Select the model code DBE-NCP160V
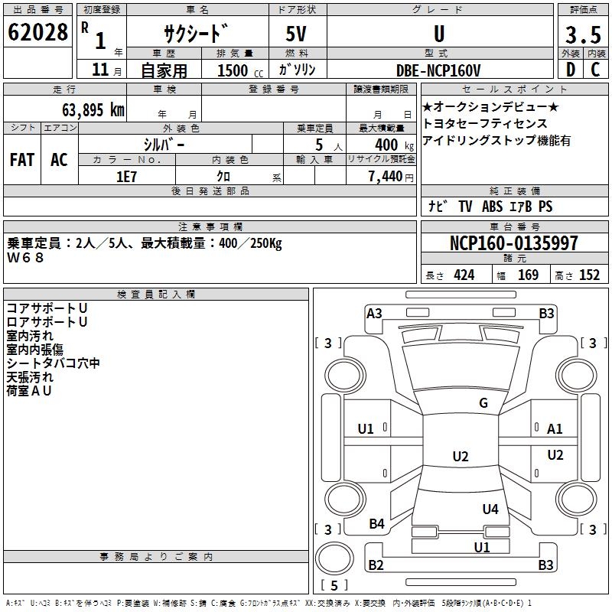[438, 70]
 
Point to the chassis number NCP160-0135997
[514, 243]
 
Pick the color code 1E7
[127, 176]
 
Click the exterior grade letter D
[570, 70]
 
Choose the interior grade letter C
[594, 70]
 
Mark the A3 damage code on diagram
[374, 313]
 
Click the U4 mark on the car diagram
[490, 509]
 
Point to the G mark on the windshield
[483, 403]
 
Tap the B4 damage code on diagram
[376, 523]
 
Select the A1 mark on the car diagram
[555, 429]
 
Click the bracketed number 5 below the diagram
[335, 585]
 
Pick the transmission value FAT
[22, 159]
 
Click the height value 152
[589, 275]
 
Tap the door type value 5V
[298, 34]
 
